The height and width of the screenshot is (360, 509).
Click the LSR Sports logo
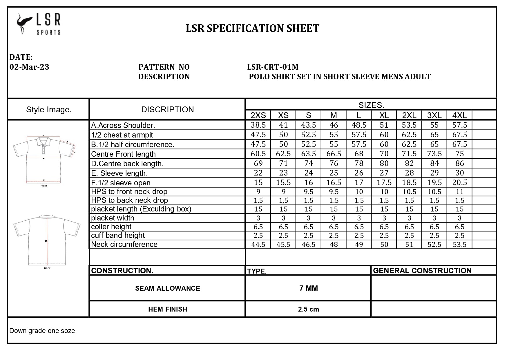(39, 24)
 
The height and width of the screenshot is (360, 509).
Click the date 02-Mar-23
(29, 67)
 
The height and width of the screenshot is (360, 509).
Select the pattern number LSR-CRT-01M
(273, 67)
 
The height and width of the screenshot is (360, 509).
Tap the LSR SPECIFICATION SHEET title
(252, 28)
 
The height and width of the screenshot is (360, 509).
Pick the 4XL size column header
(459, 115)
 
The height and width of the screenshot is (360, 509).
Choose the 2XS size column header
(258, 115)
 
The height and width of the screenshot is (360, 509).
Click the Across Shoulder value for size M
(334, 125)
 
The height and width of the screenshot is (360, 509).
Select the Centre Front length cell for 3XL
(434, 154)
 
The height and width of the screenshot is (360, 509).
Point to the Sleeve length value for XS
(283, 173)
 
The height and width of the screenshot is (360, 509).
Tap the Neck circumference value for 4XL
(459, 244)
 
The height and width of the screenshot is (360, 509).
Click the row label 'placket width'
(113, 218)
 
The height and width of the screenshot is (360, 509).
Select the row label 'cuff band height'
(118, 235)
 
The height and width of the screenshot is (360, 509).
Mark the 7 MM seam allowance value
(308, 288)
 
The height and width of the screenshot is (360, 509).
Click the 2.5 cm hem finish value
(308, 309)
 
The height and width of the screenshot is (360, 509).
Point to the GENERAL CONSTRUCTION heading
(422, 271)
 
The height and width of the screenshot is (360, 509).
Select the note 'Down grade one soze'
(42, 331)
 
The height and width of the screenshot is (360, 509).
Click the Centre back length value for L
(359, 163)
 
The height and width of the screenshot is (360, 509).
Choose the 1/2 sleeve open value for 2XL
(409, 182)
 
